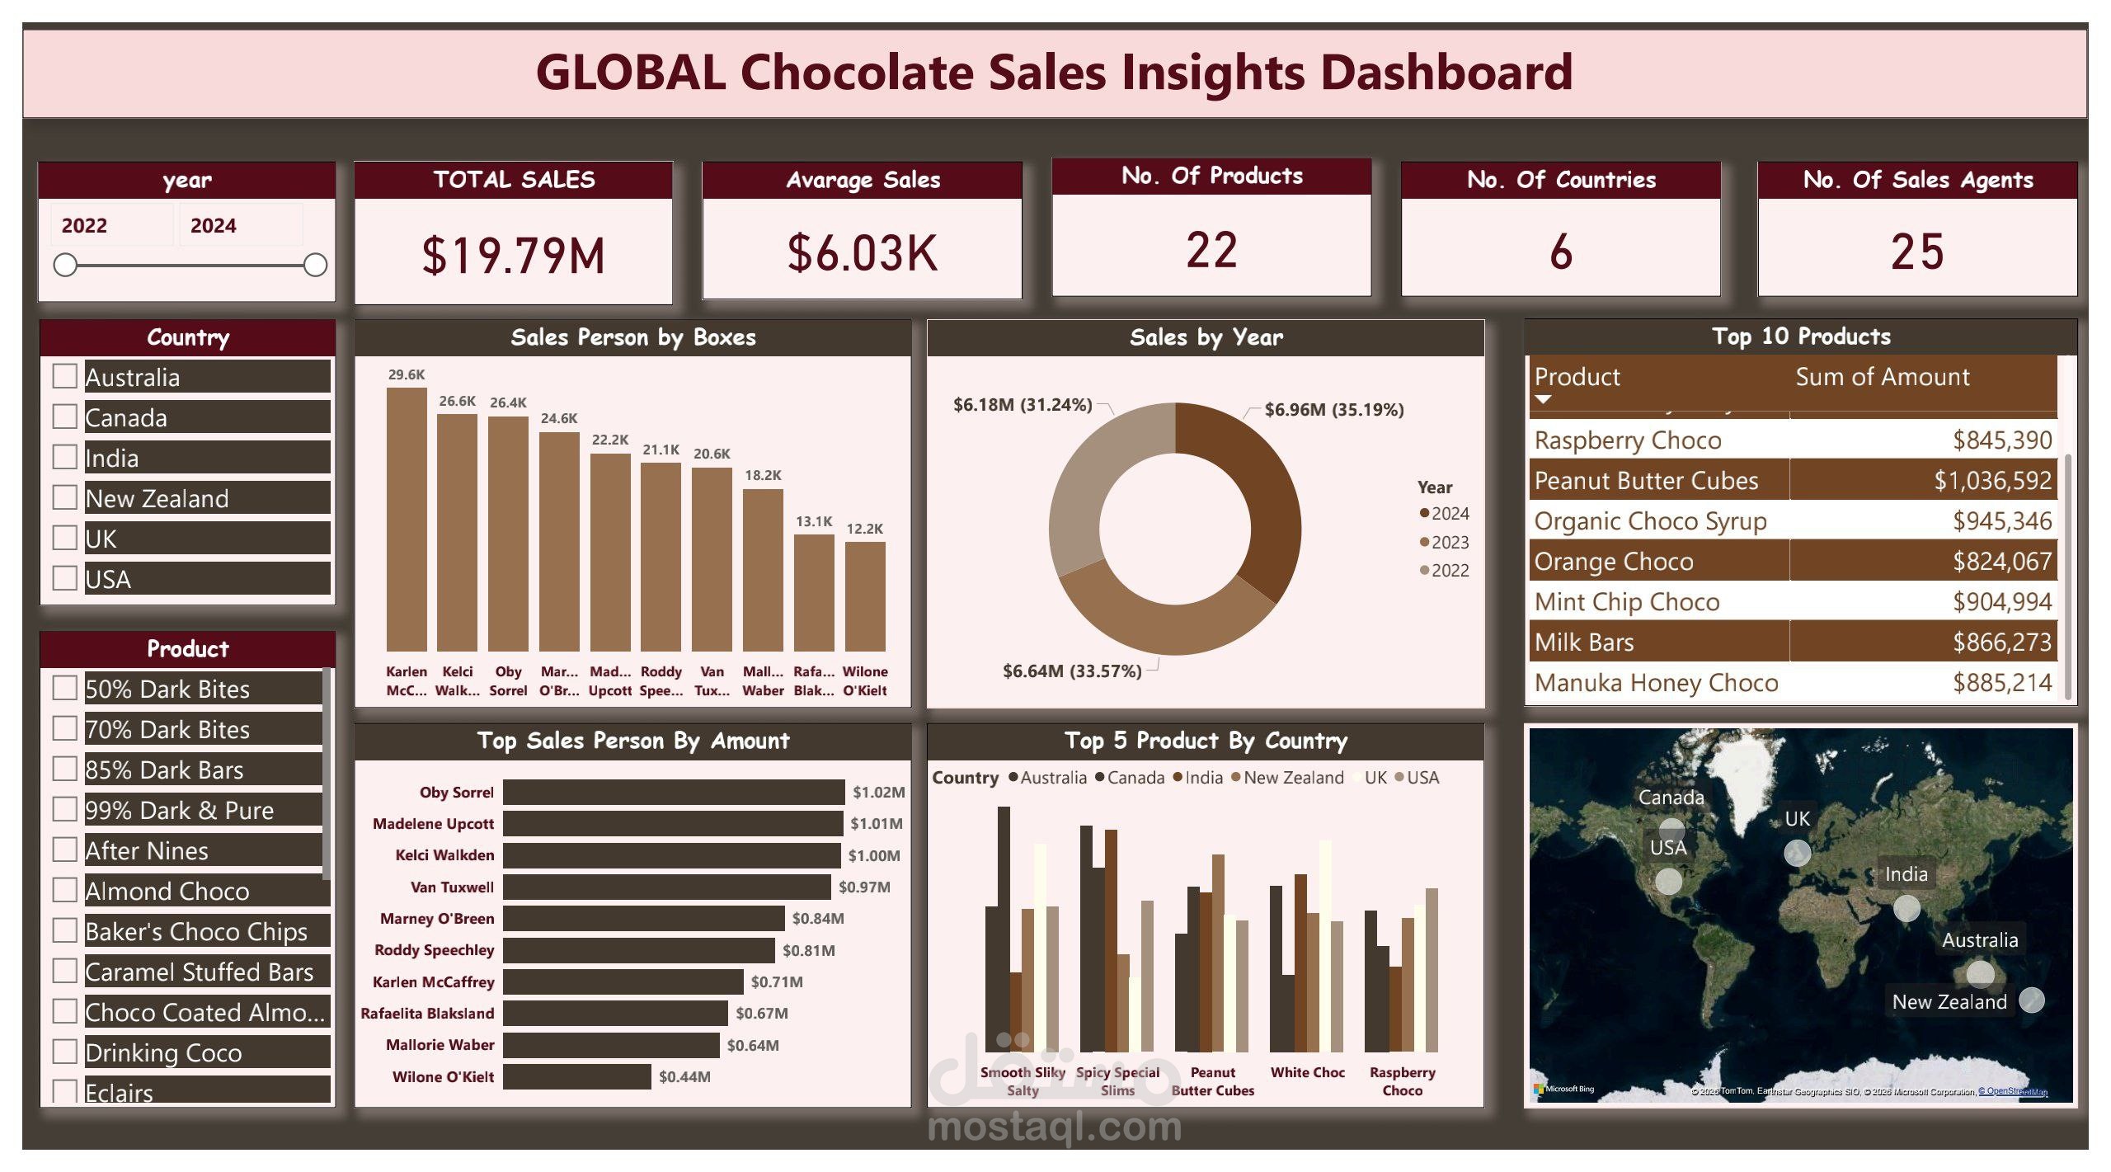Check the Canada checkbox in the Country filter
[x=65, y=417]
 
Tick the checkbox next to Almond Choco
[x=65, y=890]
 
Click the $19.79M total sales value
[x=513, y=255]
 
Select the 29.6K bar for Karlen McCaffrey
[x=407, y=520]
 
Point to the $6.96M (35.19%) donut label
[x=1333, y=410]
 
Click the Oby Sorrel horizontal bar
[x=674, y=792]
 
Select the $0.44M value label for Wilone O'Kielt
[x=684, y=1076]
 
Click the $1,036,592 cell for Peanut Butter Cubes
[x=1992, y=480]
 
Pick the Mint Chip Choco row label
[x=1627, y=602]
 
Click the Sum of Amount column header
[x=1882, y=377]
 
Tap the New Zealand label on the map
[x=1949, y=1002]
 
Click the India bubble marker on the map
[x=1906, y=908]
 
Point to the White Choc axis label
[x=1307, y=1072]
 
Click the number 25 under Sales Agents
[x=1917, y=252]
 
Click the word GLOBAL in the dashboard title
[x=631, y=72]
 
